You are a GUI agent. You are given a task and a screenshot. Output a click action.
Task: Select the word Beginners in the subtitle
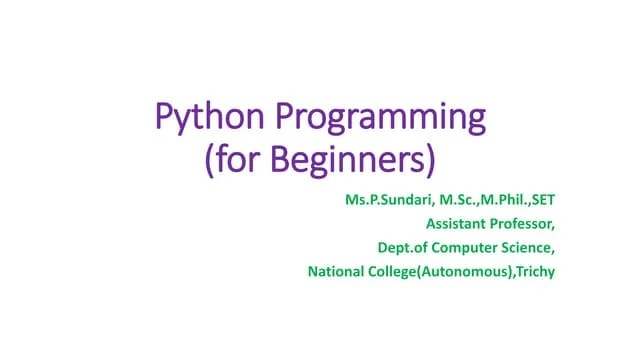point(354,160)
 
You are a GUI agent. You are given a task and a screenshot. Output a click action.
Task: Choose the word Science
point(528,248)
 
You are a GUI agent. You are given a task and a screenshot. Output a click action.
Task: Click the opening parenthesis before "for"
point(209,160)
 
